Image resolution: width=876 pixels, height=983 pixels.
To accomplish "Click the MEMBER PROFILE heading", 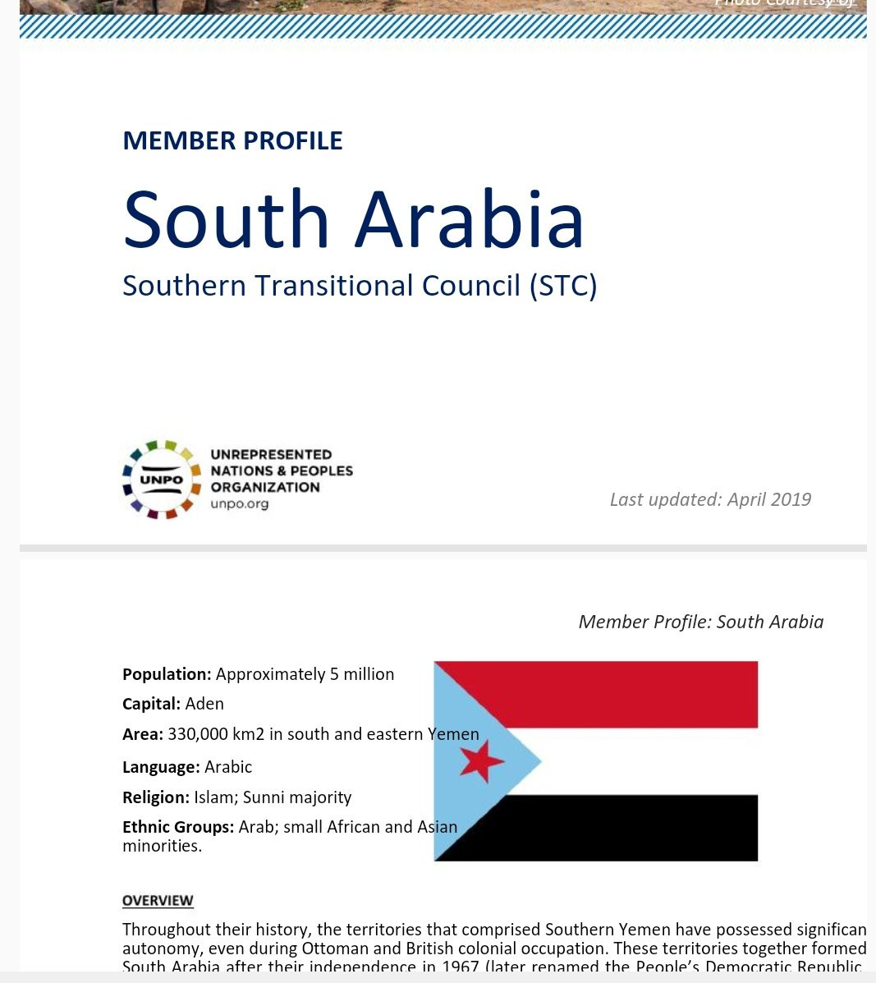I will [x=232, y=140].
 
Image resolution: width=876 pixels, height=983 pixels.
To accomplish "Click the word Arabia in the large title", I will [x=470, y=220].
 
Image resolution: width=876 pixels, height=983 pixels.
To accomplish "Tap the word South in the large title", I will [x=226, y=220].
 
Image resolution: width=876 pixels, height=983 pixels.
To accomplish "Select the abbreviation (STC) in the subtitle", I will [x=563, y=286].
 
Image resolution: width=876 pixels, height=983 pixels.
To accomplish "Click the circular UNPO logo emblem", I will [x=162, y=479].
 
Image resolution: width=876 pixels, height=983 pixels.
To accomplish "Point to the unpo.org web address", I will [x=239, y=503].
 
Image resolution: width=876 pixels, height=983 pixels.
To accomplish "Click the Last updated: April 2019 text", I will [x=710, y=499].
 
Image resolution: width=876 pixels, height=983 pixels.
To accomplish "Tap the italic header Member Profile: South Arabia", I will [x=700, y=622].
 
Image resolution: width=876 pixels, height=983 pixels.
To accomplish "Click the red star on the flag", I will [x=481, y=760].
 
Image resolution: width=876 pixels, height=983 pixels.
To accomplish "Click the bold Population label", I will [x=167, y=674].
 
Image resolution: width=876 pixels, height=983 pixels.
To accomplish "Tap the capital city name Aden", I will [x=204, y=704].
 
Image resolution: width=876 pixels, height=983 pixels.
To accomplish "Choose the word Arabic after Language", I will [x=228, y=767].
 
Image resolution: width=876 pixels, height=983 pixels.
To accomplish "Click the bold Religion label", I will [x=155, y=797].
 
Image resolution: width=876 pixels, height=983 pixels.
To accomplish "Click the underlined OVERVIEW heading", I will [x=158, y=900].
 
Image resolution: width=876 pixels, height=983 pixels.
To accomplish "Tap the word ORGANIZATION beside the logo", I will [x=264, y=487].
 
